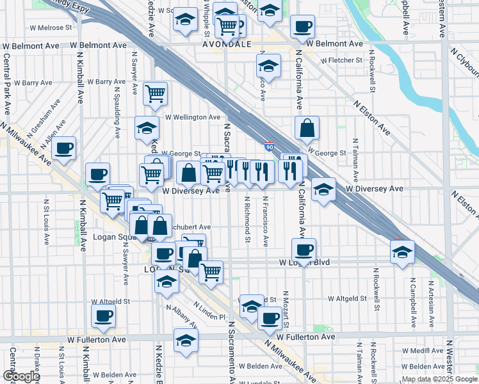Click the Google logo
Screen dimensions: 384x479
pos(20,376)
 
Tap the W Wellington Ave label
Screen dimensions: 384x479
pos(193,117)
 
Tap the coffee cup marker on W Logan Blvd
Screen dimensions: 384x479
pos(304,250)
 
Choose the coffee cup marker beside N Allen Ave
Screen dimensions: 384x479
pos(63,148)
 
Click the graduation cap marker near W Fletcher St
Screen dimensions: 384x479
pos(268,65)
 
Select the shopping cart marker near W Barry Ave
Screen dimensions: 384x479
pos(155,93)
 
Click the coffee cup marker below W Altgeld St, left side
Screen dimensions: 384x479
pos(104,315)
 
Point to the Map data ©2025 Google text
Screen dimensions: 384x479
pos(439,378)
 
